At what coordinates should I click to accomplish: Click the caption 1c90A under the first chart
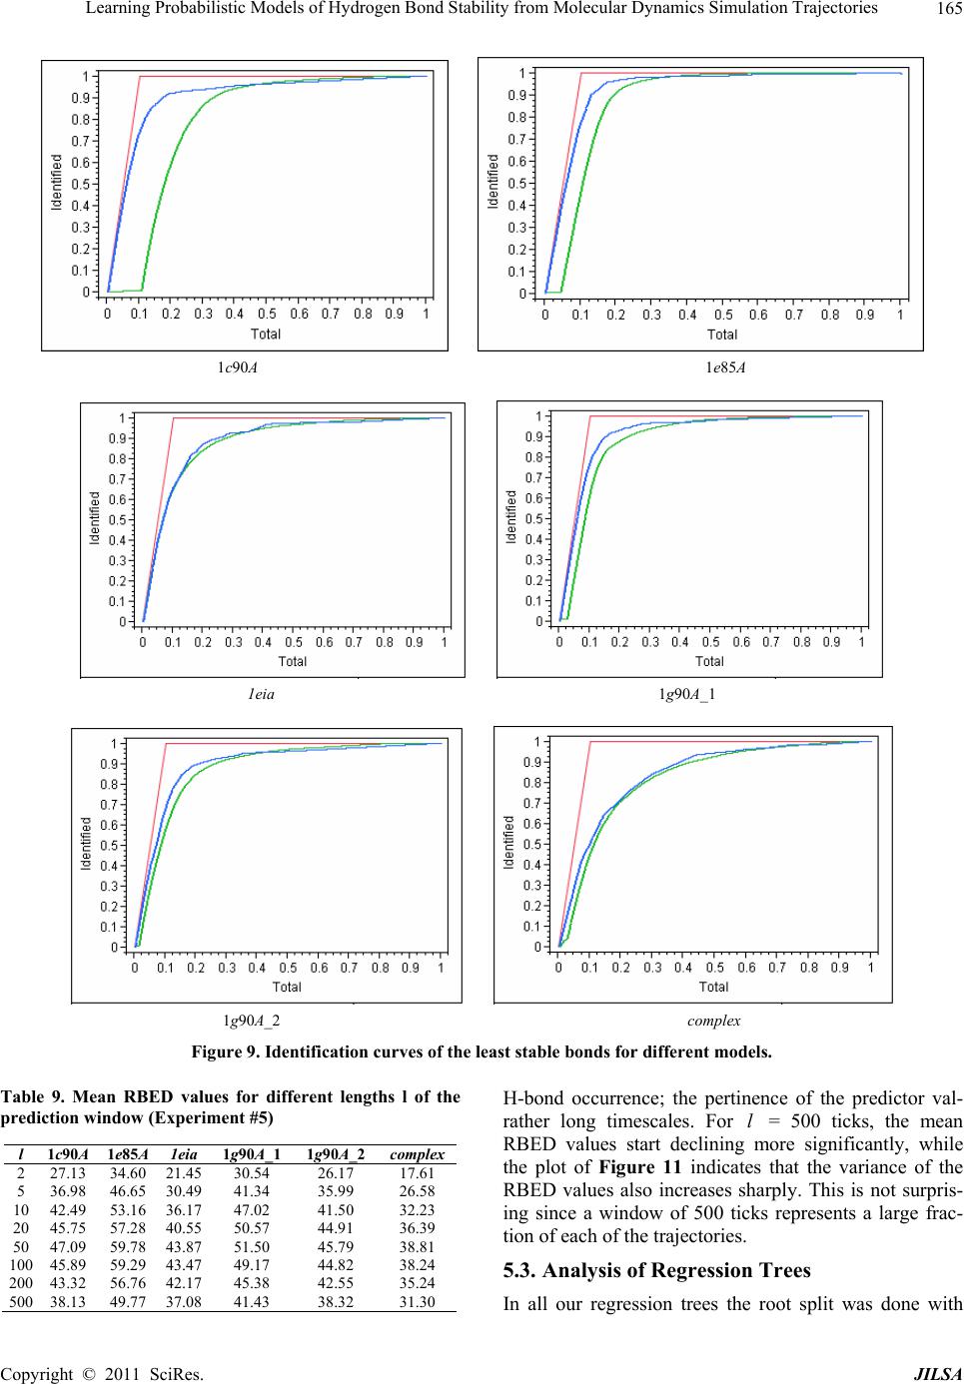239,366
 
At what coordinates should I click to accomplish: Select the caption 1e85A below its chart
726,366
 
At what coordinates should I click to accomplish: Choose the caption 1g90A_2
251,1020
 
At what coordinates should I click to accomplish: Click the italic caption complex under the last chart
713,1020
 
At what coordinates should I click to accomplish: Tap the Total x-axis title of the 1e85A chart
722,335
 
